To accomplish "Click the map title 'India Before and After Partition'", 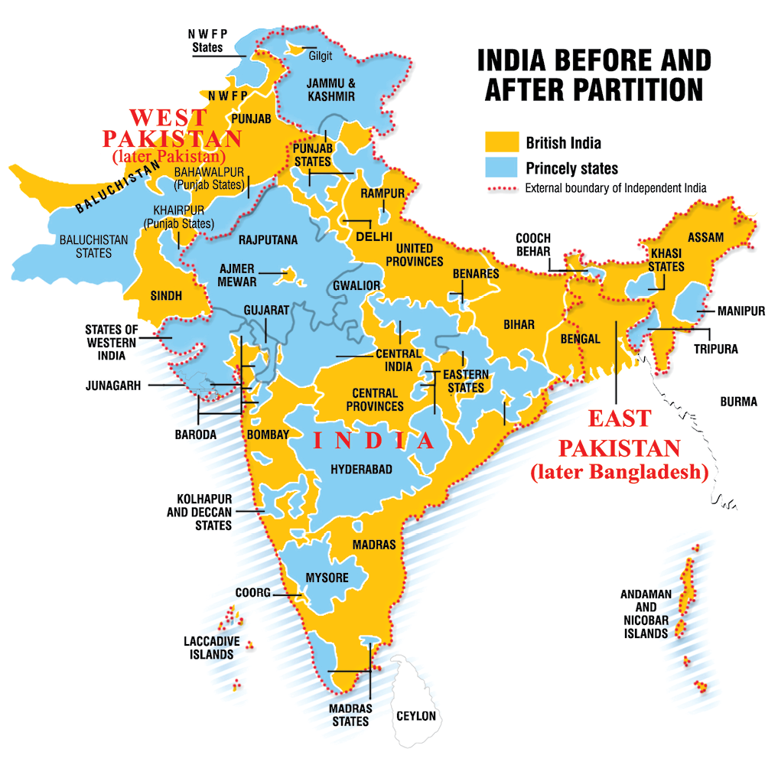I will point(594,75).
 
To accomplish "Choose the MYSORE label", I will point(327,578).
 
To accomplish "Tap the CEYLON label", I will point(415,716).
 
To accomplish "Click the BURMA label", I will point(738,402).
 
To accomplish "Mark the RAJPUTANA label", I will point(268,239).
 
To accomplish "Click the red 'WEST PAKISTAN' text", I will point(173,129).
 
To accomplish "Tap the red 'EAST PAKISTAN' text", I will point(619,433).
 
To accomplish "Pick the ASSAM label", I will point(705,237).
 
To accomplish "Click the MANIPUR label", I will point(741,311).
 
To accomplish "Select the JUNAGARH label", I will point(113,386).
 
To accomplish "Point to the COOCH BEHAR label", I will point(533,245).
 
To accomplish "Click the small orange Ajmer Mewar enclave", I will point(288,271).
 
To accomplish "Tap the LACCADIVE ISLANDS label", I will point(212,648).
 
